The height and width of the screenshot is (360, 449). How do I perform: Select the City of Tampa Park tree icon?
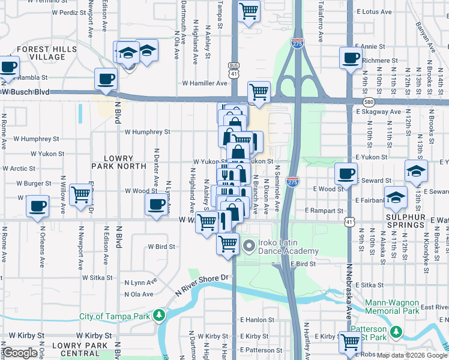tap(159, 315)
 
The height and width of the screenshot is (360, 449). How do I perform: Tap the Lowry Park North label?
tap(119, 161)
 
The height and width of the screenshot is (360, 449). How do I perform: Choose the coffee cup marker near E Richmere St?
tap(350, 58)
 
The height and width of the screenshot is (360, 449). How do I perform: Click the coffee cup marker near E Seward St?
tap(345, 173)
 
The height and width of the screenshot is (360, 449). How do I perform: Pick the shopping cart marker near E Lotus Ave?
tap(249, 10)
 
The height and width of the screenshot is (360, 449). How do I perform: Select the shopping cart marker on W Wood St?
tap(80, 194)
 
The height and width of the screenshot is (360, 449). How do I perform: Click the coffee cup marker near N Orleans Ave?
tap(37, 206)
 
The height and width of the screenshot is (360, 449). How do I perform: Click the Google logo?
tap(20, 353)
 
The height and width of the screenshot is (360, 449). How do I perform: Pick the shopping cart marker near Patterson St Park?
tap(350, 343)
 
